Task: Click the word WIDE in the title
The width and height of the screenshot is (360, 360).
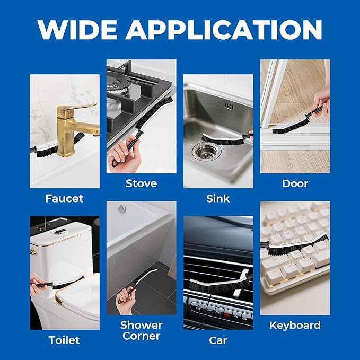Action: click(x=77, y=30)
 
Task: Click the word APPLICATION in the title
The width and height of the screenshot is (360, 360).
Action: click(x=224, y=30)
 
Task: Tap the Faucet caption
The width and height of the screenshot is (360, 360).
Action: click(x=64, y=199)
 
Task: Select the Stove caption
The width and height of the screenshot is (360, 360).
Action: click(x=141, y=183)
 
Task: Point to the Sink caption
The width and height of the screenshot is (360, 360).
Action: click(x=218, y=199)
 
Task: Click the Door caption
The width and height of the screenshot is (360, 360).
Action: click(x=295, y=183)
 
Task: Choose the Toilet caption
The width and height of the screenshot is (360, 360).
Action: click(x=64, y=340)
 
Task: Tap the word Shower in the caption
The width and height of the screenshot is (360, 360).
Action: click(x=141, y=325)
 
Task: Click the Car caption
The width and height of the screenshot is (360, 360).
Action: click(x=218, y=340)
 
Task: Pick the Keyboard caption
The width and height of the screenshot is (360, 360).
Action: click(x=295, y=326)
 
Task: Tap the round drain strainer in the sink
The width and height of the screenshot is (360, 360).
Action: click(x=207, y=152)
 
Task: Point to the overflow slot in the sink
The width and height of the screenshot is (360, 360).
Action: click(x=229, y=106)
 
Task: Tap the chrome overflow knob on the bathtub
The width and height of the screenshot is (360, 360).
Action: click(x=122, y=209)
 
